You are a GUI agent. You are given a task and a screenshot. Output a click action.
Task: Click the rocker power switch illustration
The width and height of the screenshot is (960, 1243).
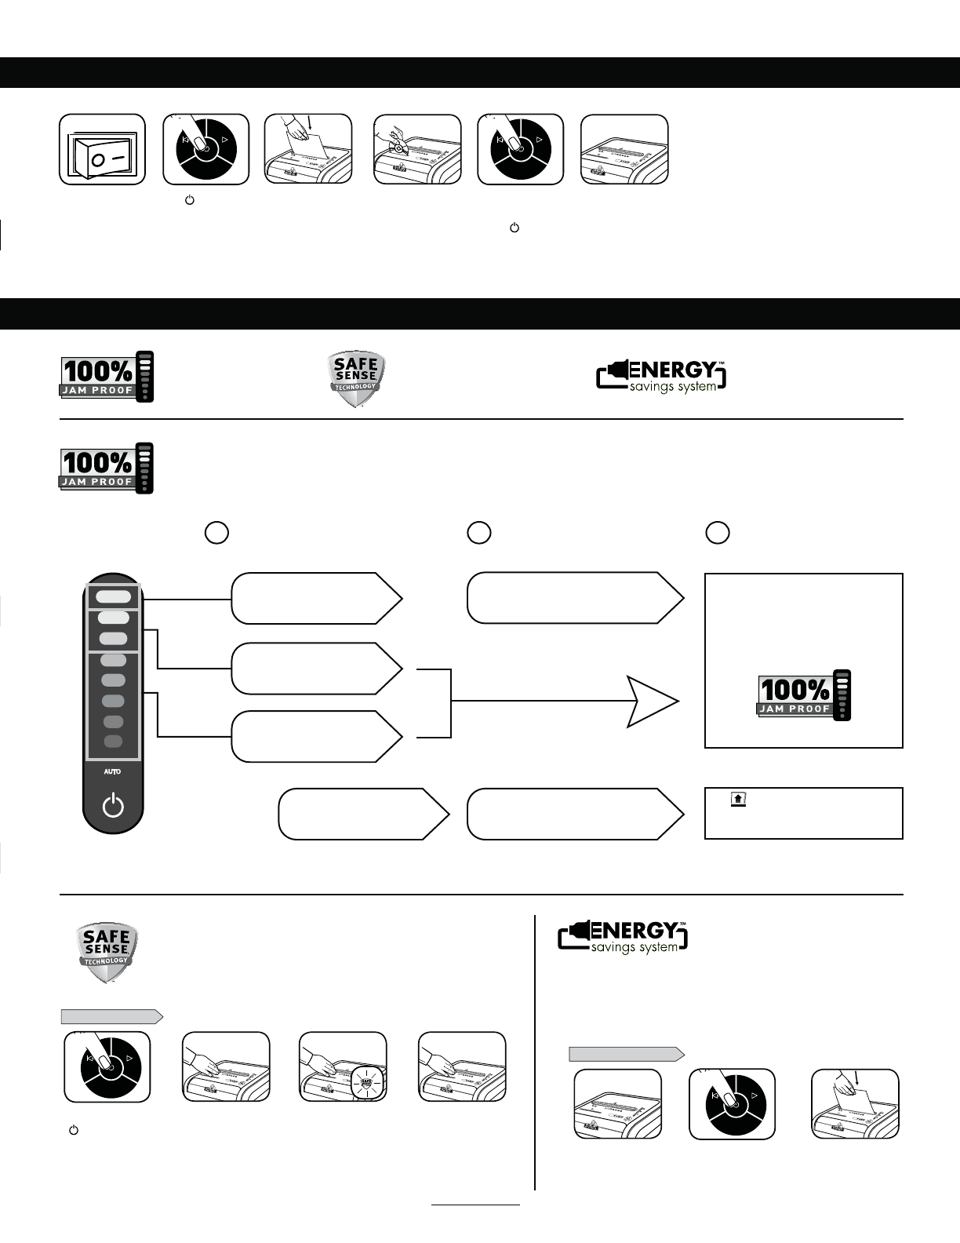pos(103,150)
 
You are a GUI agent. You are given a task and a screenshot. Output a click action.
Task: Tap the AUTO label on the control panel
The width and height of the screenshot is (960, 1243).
pos(112,772)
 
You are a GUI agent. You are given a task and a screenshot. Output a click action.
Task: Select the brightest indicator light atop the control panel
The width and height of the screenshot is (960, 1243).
pos(113,596)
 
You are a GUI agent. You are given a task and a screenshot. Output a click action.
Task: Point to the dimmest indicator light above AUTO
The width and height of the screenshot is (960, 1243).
pos(113,742)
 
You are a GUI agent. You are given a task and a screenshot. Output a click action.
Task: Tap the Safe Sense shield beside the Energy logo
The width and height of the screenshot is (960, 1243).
pos(356,380)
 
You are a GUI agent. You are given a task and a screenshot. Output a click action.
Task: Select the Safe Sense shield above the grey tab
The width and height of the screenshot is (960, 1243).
pos(107,953)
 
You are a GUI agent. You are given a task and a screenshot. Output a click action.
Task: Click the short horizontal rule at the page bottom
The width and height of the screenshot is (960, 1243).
pos(475,1204)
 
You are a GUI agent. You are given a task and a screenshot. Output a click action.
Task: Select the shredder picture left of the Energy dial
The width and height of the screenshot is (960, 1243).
pos(617,1104)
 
